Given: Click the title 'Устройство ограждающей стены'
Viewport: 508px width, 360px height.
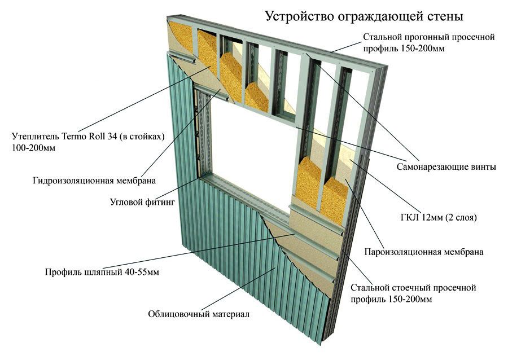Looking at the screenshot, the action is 364,16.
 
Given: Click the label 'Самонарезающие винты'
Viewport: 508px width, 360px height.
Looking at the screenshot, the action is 446,167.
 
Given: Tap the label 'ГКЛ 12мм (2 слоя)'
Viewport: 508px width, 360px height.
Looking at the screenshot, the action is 439,217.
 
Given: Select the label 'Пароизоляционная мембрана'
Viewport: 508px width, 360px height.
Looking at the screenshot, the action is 424,252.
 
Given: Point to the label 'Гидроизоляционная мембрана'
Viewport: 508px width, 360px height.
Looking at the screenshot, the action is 94,181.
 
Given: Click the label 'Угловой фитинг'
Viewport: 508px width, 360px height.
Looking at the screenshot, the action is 143,202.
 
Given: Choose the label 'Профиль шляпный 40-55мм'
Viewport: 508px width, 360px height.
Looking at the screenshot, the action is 102,271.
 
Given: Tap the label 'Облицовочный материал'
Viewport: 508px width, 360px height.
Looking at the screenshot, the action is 199,314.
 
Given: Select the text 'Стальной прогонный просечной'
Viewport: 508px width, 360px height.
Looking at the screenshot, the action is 428,37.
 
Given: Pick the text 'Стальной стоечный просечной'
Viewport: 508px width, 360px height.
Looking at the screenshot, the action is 413,287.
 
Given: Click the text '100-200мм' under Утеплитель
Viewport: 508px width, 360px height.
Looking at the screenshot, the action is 33,148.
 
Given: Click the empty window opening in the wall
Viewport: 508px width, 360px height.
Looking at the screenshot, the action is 249,155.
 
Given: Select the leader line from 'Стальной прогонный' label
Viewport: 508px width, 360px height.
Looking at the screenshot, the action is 347,47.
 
